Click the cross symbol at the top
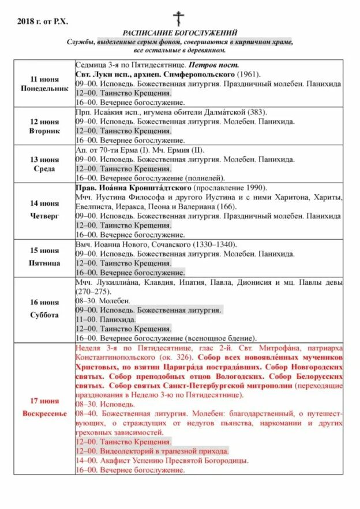tap(179, 18)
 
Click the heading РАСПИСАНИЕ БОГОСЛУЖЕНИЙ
tap(180, 33)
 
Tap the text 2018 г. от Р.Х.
tap(43, 21)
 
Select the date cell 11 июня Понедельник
tap(44, 84)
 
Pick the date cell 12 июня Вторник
tap(44, 126)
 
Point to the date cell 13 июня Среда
tap(44, 164)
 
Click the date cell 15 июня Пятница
tap(44, 258)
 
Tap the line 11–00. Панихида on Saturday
tap(106, 319)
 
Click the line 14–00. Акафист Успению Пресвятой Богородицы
tap(162, 460)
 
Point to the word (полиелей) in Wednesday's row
tap(205, 178)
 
